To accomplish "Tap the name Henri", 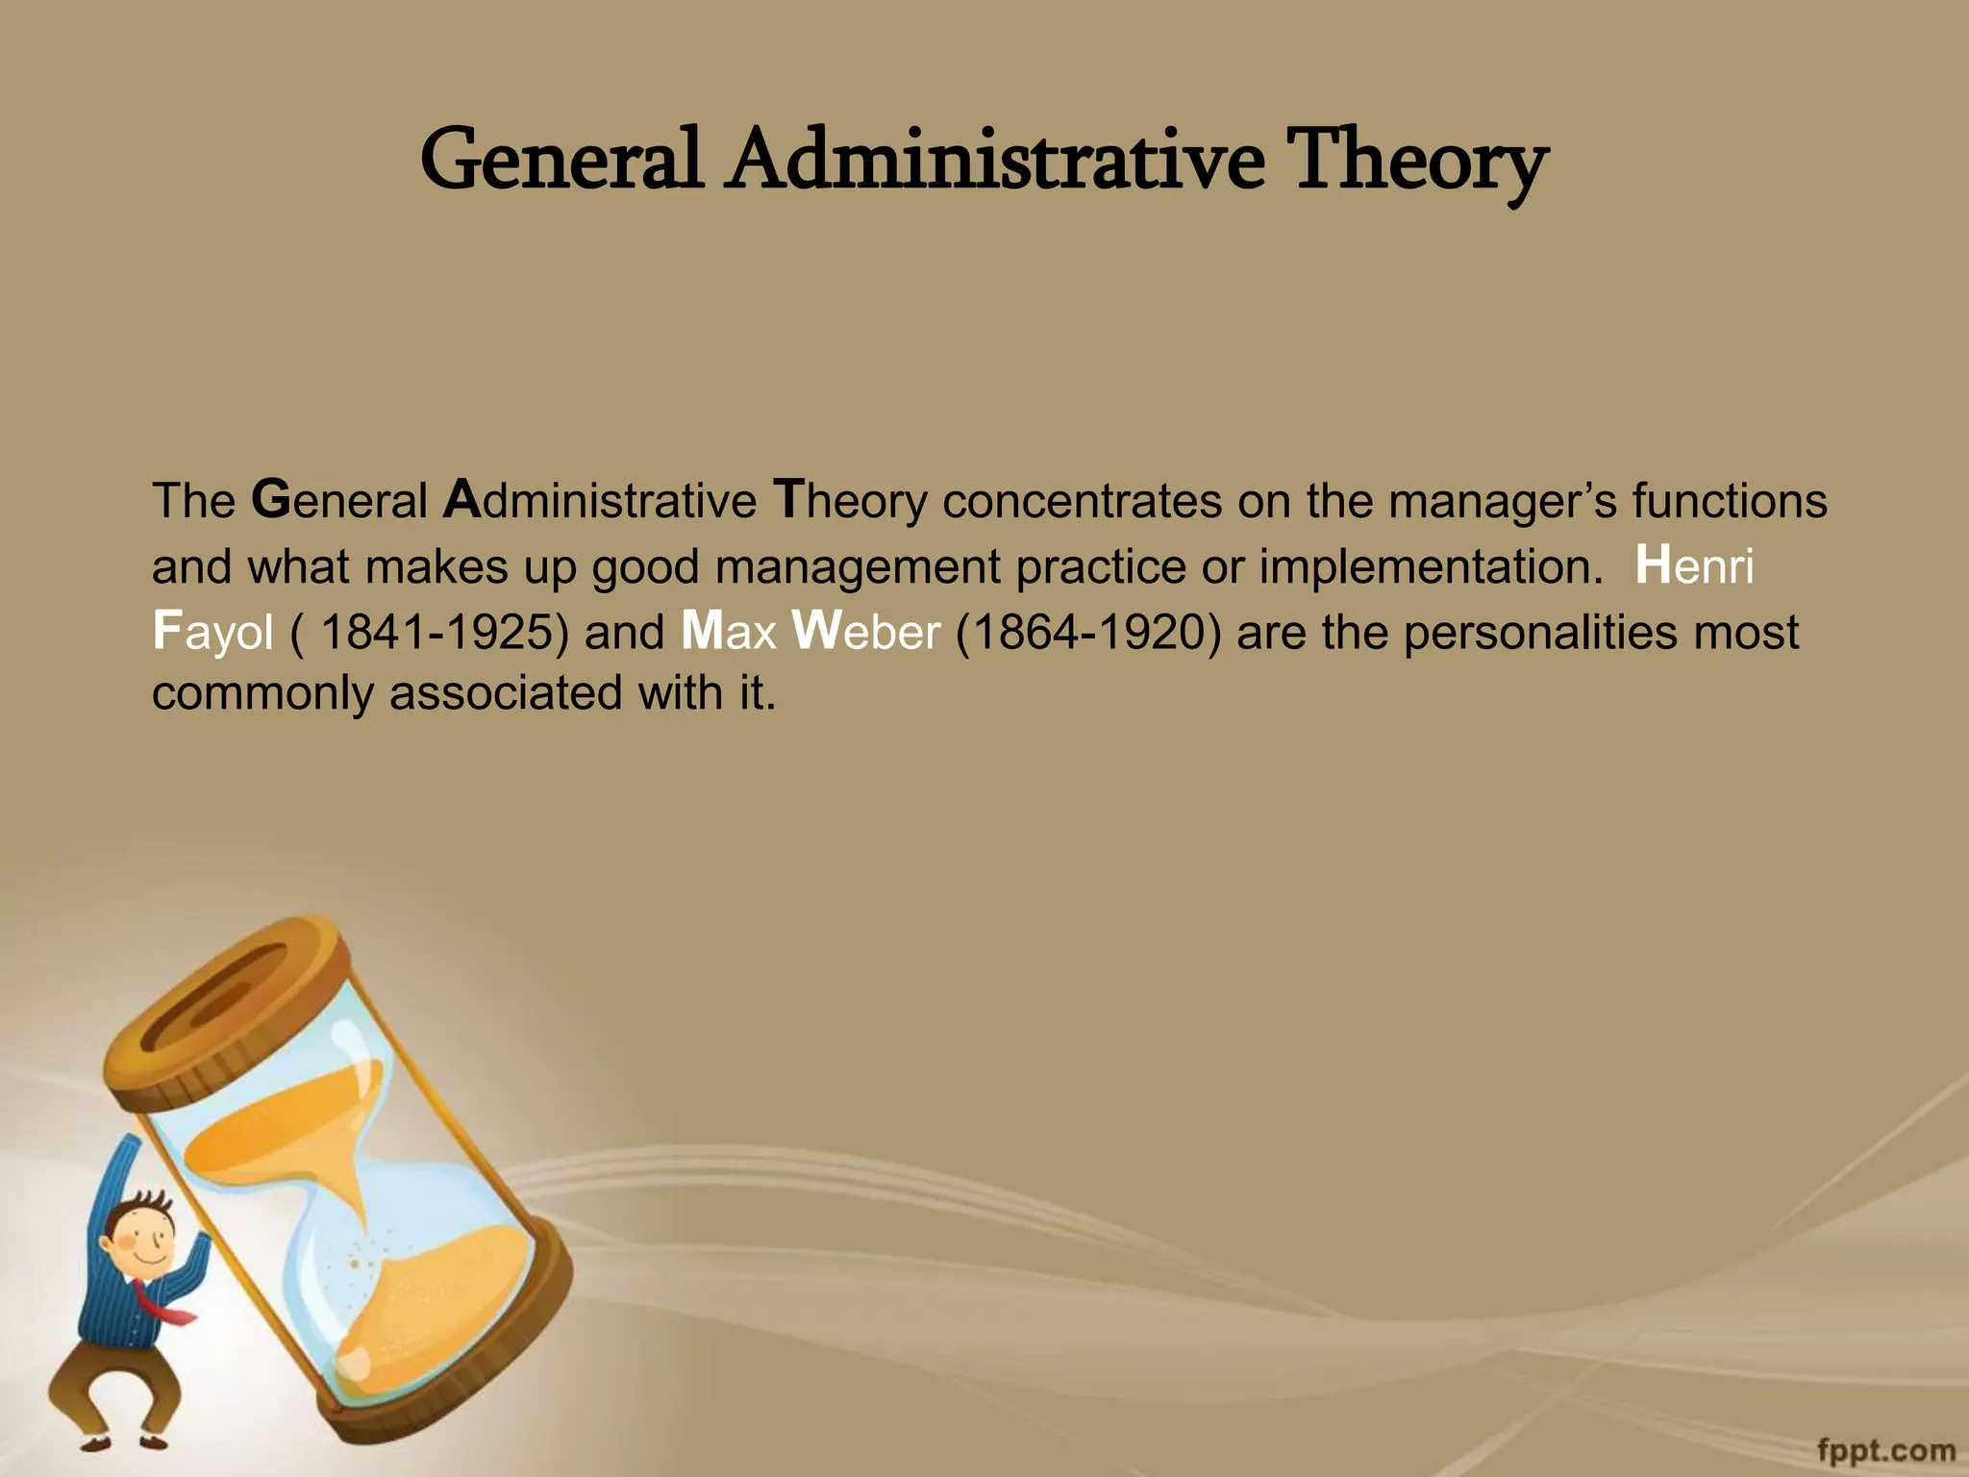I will [1694, 565].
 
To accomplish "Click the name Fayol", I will [212, 632].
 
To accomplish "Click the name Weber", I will [865, 632].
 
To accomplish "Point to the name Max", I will [728, 632].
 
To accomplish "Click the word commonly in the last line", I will [262, 694].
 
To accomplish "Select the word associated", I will [506, 692].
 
